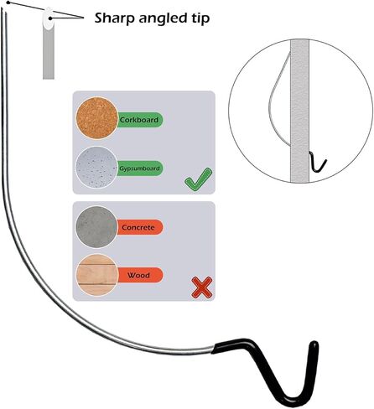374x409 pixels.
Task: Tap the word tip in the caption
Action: [200, 18]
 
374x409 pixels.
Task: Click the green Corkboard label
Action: [139, 120]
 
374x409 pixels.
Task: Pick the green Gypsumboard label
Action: [139, 168]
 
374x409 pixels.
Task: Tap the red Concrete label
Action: [139, 227]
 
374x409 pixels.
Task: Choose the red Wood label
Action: [139, 275]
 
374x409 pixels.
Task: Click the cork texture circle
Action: [96, 118]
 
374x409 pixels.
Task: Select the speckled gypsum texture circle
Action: [96, 168]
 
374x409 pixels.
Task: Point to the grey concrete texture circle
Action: [96, 227]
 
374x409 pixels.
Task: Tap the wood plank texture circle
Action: [96, 275]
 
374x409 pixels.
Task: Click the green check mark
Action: [198, 179]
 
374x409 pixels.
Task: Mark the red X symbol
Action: [202, 287]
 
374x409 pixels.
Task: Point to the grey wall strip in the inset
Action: [299, 111]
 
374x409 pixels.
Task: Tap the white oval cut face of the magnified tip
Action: [48, 18]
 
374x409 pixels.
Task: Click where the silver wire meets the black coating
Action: [212, 349]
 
